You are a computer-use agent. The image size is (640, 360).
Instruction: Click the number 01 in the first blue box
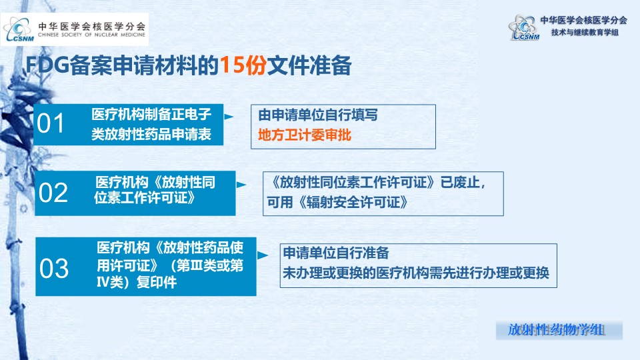51,123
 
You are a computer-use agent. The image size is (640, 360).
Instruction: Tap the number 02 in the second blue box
53,193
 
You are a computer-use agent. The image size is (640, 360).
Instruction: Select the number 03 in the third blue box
54,269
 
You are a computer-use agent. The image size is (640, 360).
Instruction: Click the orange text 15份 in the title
243,65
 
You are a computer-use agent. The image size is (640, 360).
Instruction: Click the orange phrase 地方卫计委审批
305,135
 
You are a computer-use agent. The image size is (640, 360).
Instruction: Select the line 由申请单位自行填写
318,115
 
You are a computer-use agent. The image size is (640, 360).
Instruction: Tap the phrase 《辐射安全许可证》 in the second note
353,202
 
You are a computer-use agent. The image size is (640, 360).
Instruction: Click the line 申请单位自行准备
336,253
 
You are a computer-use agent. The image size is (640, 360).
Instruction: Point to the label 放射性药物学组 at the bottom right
556,330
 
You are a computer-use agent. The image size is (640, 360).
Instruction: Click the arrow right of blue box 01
229,117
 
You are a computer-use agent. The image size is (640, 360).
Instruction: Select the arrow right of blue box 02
241,185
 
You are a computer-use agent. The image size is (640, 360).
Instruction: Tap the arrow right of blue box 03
263,255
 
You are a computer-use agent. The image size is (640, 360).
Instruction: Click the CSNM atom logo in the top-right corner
524,27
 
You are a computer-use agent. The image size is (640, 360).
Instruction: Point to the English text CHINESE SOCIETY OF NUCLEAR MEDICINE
91,35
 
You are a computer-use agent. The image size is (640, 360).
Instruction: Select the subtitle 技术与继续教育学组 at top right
585,32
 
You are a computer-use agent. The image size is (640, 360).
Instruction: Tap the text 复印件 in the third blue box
156,283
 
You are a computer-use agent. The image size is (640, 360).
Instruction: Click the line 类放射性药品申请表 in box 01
151,134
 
